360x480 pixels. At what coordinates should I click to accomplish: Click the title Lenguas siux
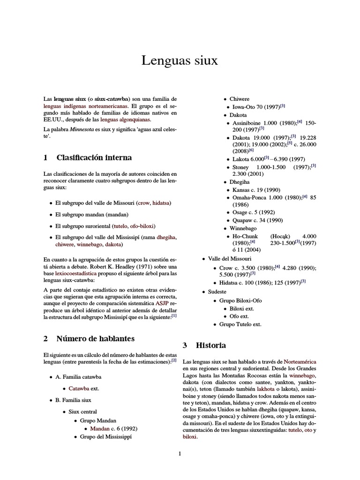(180, 60)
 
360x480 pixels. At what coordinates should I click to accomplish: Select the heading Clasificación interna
(94, 157)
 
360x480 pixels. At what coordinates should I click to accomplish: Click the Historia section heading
(210, 345)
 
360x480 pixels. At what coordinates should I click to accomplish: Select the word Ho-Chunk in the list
(246, 236)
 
